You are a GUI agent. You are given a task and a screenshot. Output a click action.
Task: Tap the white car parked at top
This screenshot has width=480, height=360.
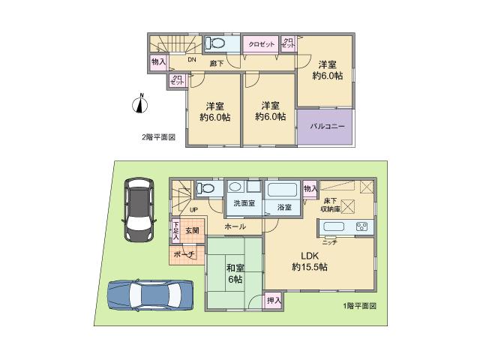click(x=137, y=209)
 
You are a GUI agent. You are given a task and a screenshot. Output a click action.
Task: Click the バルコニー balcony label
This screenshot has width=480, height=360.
click(x=328, y=127)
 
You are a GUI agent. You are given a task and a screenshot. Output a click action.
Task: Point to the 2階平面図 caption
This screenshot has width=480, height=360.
click(x=159, y=137)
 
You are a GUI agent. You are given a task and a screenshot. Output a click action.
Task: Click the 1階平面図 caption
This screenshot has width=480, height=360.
click(x=359, y=306)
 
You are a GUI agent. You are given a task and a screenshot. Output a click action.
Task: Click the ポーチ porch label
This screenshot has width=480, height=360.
click(x=184, y=255)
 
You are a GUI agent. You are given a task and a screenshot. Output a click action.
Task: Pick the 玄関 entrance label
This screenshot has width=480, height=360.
click(x=192, y=231)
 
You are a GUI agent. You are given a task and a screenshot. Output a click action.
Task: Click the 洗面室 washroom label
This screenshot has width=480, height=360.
click(x=244, y=204)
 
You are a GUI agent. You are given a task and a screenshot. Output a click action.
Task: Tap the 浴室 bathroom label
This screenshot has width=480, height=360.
click(x=283, y=206)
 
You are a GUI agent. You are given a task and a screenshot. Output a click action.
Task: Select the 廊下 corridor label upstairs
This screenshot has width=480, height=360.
click(x=216, y=63)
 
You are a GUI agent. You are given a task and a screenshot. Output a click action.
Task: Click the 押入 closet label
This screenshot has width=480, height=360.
click(x=274, y=301)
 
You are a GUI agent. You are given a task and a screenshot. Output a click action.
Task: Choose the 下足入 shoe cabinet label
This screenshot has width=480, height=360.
click(x=175, y=231)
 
